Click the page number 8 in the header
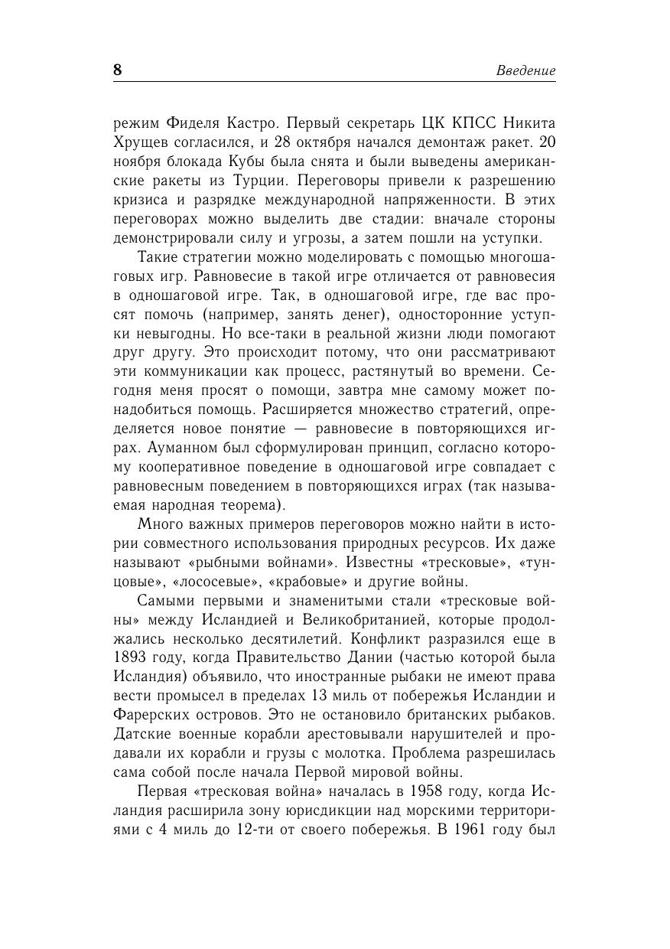click(x=118, y=70)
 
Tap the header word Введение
click(x=525, y=70)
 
